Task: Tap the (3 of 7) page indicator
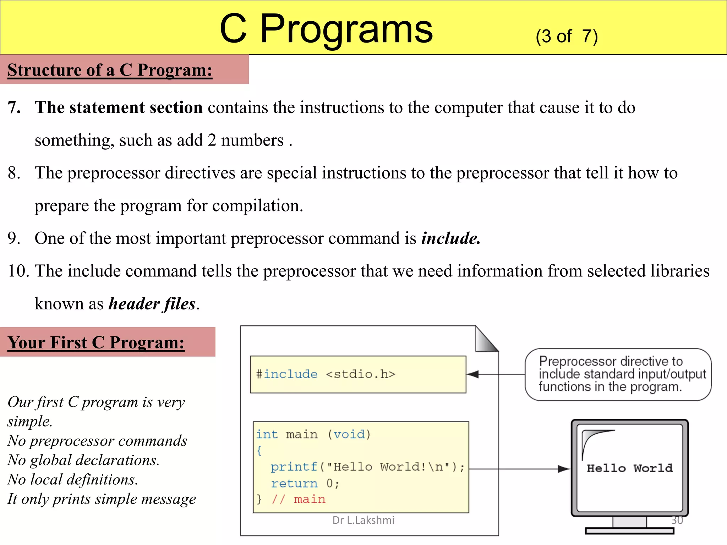(x=567, y=36)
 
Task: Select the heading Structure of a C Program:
(x=110, y=70)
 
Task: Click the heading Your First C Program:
(x=96, y=342)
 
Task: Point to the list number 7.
(x=14, y=108)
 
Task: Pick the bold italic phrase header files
(x=152, y=304)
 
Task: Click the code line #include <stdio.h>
(x=325, y=374)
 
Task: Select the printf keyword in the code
(x=294, y=467)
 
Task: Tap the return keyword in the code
(x=294, y=483)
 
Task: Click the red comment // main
(x=299, y=499)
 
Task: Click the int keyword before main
(x=267, y=434)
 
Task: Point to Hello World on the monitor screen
(x=629, y=468)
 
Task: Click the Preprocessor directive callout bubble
(x=618, y=374)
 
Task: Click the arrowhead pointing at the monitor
(x=563, y=469)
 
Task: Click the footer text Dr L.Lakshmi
(x=363, y=520)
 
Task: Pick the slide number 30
(x=677, y=520)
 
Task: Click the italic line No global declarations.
(x=84, y=460)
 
